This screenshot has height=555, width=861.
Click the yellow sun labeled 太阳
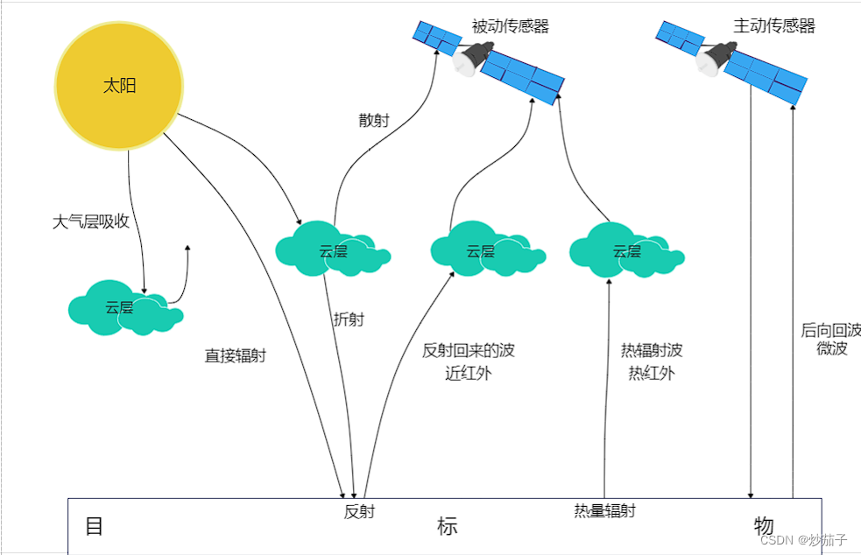[119, 86]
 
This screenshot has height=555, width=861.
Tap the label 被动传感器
[510, 26]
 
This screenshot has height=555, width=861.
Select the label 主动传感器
[774, 26]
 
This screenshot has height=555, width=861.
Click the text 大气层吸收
[91, 221]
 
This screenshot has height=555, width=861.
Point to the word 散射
[374, 121]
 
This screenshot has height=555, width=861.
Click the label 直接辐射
[235, 356]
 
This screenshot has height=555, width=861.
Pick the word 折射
[349, 320]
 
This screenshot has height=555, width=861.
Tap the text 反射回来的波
[469, 351]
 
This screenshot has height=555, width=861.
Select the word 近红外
[469, 374]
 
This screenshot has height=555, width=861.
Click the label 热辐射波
[652, 351]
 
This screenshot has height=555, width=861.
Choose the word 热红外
[652, 374]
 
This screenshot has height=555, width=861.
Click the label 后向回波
[830, 330]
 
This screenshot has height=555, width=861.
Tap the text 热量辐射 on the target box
[604, 511]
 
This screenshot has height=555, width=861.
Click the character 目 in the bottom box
[94, 526]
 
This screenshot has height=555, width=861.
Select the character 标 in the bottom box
[447, 526]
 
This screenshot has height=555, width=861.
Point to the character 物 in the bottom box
[763, 526]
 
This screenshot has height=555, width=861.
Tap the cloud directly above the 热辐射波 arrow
[625, 251]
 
